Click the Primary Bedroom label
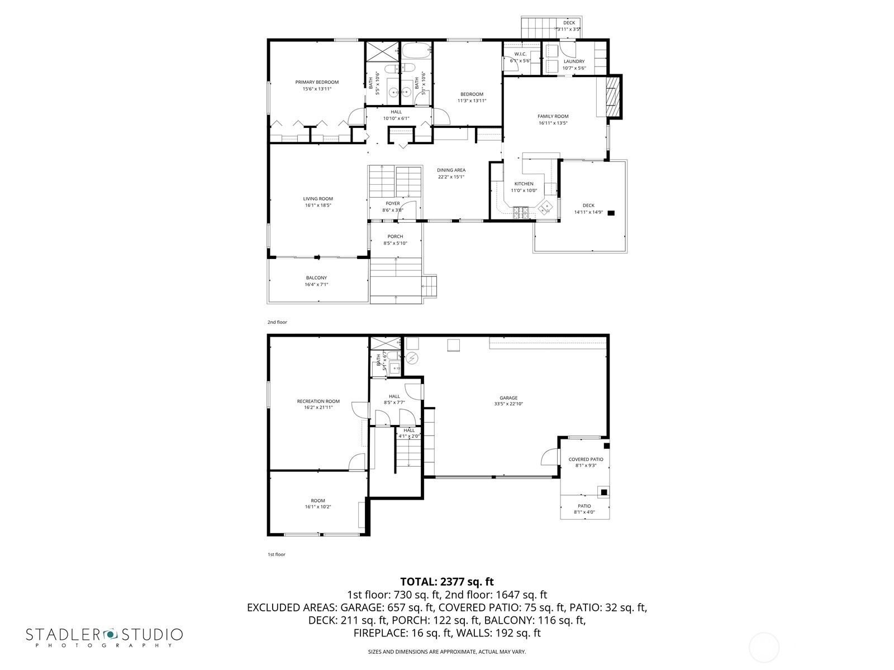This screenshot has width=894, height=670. (x=317, y=82)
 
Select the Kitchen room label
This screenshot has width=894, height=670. (x=524, y=184)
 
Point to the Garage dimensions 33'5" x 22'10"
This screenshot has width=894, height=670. (x=508, y=404)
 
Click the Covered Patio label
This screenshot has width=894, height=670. (x=586, y=460)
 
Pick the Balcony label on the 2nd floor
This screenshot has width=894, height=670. (x=316, y=277)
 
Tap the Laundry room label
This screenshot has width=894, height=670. (x=574, y=61)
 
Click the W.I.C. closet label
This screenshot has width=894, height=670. (x=520, y=54)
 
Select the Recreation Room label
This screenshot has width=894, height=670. (x=318, y=401)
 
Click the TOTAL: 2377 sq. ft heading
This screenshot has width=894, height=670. (x=446, y=582)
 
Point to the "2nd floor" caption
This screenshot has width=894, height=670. (x=277, y=322)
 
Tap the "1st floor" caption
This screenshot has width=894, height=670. (x=276, y=554)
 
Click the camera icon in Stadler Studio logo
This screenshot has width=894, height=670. (x=111, y=634)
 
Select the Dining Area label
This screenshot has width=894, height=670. (x=451, y=170)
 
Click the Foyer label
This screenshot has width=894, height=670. (x=393, y=203)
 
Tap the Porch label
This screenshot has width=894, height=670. (x=395, y=236)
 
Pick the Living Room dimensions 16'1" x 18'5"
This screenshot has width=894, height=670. (x=318, y=205)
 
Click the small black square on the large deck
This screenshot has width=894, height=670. (x=611, y=213)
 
